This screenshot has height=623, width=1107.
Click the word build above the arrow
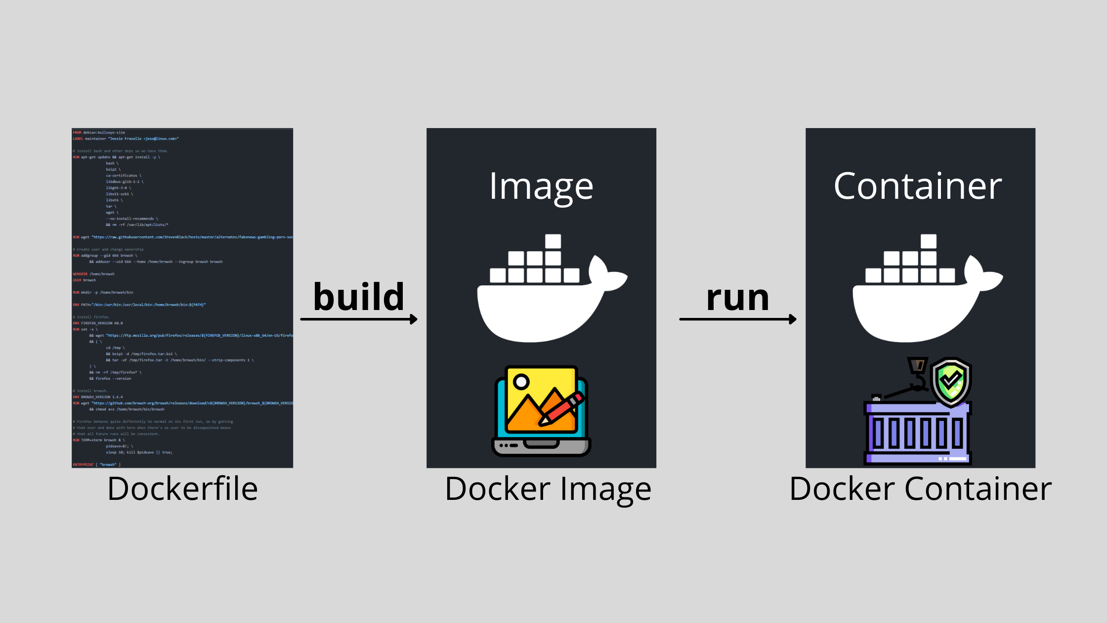point(359,297)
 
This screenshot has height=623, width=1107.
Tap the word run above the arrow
point(737,298)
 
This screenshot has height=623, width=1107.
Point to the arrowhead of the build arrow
point(414,319)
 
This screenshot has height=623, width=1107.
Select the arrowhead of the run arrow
point(793,319)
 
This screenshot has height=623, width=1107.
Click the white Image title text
point(541,187)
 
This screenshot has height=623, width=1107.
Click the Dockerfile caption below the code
point(182,489)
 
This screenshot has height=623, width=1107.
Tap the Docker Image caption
point(548,489)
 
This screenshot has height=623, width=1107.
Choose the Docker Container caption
point(920,489)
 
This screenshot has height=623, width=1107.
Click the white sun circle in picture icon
point(521,382)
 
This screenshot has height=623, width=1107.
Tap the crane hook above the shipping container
point(918,376)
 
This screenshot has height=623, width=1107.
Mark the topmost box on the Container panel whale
point(928,241)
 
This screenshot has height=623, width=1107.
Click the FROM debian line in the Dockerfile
point(99,133)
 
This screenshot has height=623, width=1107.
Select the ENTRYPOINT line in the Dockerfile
point(96,465)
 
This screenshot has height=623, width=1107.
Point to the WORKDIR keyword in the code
point(80,274)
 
